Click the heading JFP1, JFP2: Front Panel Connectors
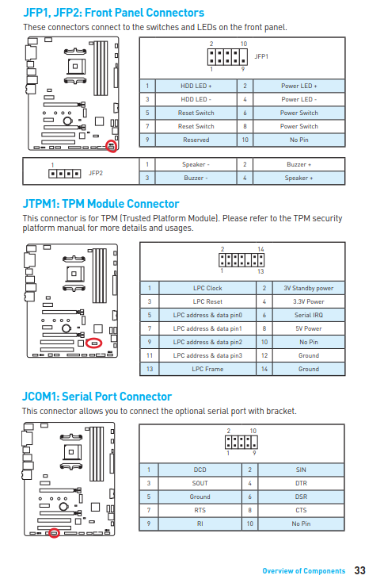113,13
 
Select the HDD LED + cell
196,86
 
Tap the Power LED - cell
299,99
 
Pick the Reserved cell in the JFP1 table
196,140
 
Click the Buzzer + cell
299,164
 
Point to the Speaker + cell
299,178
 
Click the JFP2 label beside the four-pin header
95,173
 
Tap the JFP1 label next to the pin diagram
261,56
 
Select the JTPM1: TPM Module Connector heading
101,204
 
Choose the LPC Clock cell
207,288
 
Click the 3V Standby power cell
309,288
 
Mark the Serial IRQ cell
309,315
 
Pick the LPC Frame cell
207,369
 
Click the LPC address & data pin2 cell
207,342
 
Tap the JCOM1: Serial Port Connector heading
97,397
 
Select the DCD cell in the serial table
200,470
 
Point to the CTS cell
302,510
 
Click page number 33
360,570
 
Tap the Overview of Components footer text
304,571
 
